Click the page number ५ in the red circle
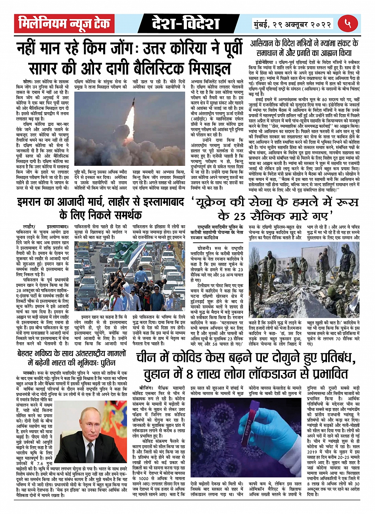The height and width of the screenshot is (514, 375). pos(349,23)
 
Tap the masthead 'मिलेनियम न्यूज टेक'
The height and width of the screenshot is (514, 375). pos(65,24)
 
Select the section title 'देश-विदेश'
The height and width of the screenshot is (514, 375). pos(186,24)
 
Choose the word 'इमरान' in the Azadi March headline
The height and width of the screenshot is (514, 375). pos(31,203)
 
